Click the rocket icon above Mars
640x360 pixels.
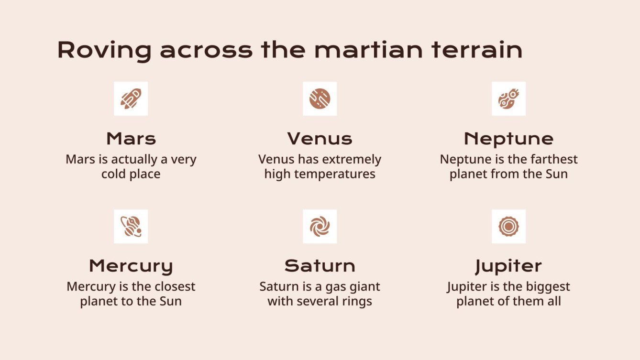[131, 98]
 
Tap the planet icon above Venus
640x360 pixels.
[320, 98]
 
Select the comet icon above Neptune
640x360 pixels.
[508, 98]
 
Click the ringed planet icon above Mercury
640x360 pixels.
[131, 226]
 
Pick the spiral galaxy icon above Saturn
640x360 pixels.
[320, 226]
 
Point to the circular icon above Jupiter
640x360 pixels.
[508, 226]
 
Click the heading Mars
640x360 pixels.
[131, 139]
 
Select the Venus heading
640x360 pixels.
[320, 139]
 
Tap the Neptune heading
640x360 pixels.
[508, 139]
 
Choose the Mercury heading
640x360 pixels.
[131, 266]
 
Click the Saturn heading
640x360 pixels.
[320, 266]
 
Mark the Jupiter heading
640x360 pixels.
[508, 266]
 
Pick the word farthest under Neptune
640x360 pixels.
[554, 159]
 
